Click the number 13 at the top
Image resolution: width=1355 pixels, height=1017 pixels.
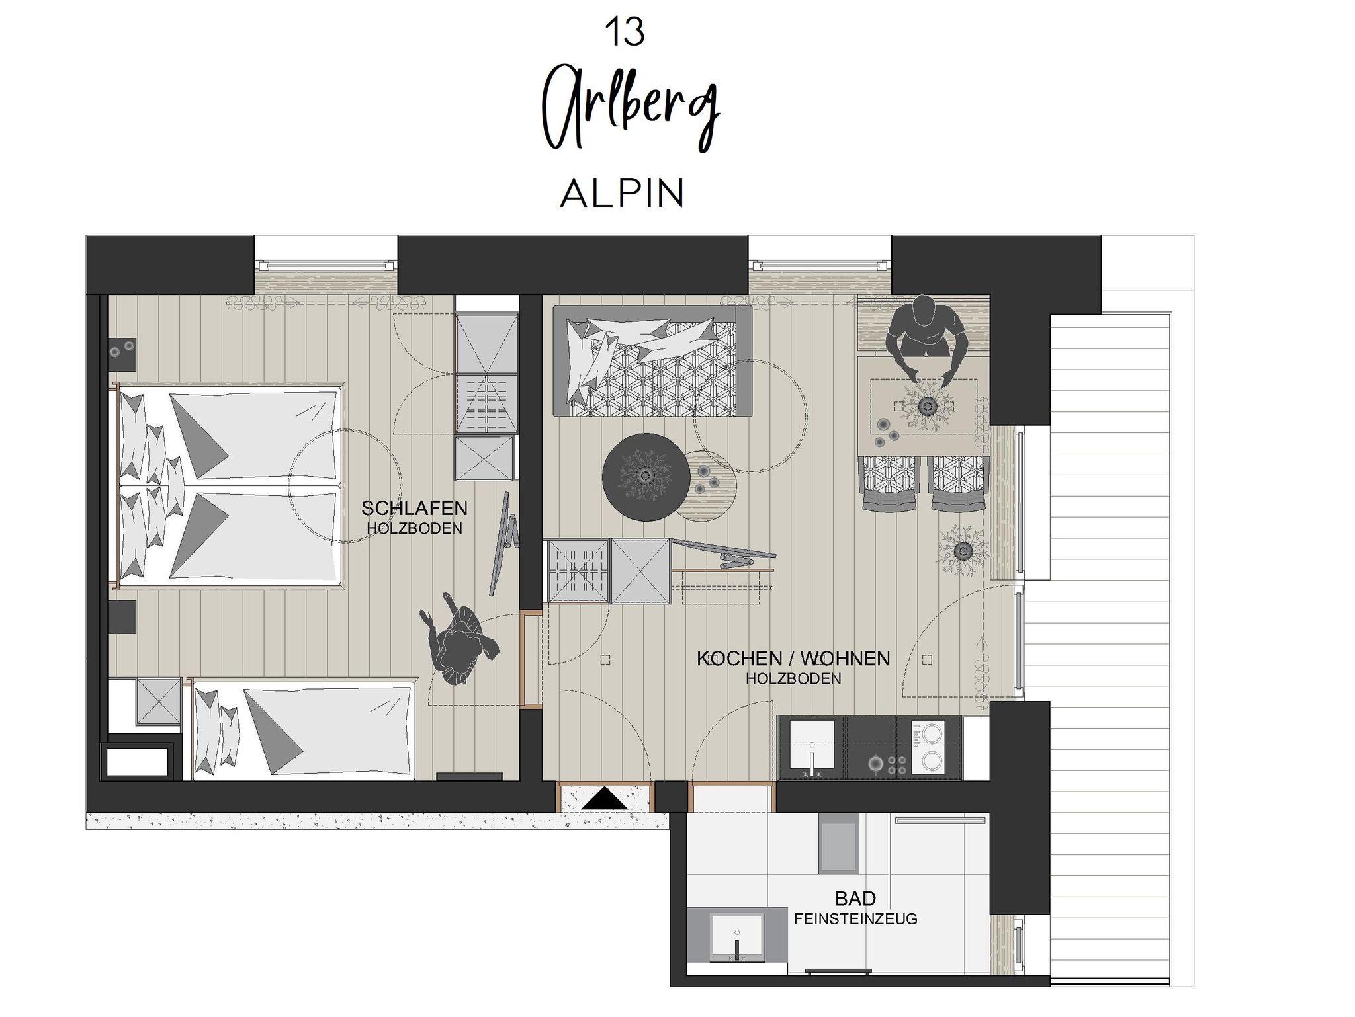tap(625, 32)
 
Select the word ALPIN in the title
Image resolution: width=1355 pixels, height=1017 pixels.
tap(622, 193)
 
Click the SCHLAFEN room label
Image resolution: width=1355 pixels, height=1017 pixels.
tap(414, 508)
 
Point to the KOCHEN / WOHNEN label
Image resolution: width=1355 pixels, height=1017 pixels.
tap(793, 658)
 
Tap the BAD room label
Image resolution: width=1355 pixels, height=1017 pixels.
tap(855, 898)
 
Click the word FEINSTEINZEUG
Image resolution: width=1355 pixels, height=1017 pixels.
tap(855, 918)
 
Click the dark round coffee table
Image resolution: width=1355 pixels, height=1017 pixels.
tap(646, 477)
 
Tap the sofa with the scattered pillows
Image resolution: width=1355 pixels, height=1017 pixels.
tap(652, 361)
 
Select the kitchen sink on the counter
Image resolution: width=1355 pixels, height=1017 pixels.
tap(812, 748)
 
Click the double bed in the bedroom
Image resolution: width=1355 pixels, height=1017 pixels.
tap(229, 485)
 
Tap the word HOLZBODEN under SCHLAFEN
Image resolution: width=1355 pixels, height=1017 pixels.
tap(414, 528)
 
